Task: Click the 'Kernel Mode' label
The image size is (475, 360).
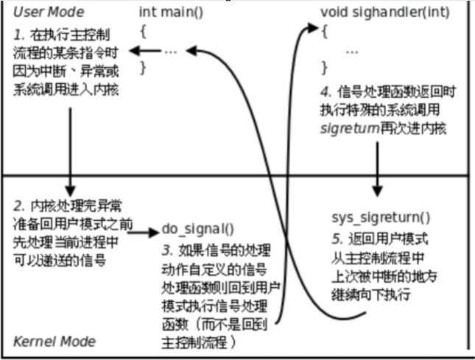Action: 54,342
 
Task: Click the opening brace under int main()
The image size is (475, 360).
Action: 143,32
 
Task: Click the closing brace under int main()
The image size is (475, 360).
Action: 143,68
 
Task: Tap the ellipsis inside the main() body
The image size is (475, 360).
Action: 171,52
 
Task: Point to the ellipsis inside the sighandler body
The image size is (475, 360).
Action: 352,52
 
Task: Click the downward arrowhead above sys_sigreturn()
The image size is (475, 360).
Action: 377,188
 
